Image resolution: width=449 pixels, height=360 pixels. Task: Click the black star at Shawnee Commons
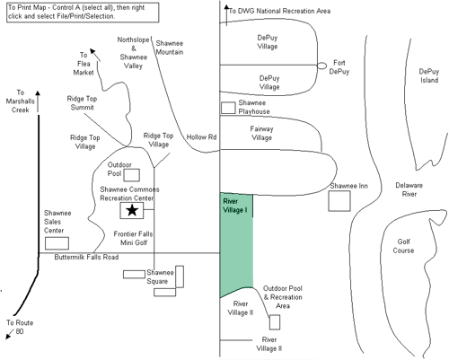(x=132, y=210)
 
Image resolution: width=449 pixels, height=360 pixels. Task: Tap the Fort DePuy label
(x=339, y=67)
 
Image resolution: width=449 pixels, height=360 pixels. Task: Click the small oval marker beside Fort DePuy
(x=321, y=66)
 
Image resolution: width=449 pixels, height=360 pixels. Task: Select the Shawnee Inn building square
(x=339, y=201)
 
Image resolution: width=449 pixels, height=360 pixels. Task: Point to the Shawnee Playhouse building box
(x=228, y=108)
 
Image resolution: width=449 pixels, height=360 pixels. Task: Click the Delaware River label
(x=409, y=189)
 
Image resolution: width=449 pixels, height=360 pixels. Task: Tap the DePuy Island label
(x=429, y=75)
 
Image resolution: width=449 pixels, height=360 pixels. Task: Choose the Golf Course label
(x=403, y=246)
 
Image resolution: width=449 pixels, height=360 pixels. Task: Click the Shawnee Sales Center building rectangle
(x=57, y=243)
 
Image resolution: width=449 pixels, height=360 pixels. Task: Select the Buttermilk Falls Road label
(x=86, y=257)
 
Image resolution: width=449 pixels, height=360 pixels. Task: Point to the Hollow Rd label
(x=201, y=137)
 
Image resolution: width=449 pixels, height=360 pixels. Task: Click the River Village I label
(x=235, y=206)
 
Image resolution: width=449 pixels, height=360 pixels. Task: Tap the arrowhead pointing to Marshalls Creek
(x=38, y=93)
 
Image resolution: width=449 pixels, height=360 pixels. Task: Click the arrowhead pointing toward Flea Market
(x=92, y=51)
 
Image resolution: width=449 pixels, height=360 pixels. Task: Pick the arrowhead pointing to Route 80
(x=8, y=336)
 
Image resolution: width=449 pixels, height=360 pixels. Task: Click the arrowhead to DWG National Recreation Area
(x=226, y=7)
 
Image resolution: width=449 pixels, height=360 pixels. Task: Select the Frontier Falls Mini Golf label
(x=133, y=238)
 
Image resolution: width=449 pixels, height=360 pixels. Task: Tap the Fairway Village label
(x=261, y=133)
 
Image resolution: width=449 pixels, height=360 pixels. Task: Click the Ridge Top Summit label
(x=82, y=103)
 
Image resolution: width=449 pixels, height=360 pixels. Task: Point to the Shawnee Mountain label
(x=169, y=48)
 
